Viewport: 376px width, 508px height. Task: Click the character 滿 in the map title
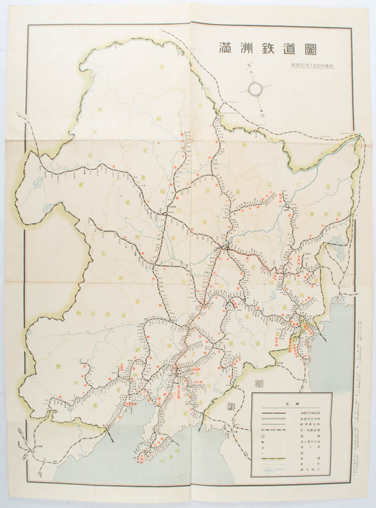[225, 48]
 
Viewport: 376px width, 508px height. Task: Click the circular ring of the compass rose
[256, 88]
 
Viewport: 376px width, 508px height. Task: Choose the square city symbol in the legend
[263, 436]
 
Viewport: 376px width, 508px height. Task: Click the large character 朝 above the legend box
[258, 383]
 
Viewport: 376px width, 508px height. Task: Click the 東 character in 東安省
[325, 215]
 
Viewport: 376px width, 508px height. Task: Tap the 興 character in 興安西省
[78, 313]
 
